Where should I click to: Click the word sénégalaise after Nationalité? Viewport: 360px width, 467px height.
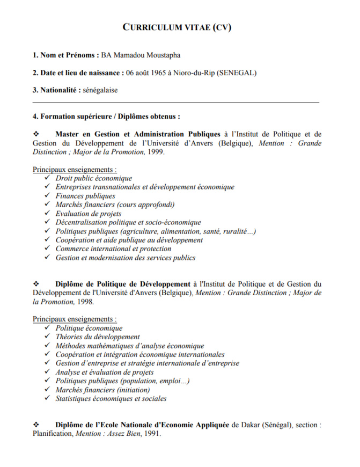tap(100, 90)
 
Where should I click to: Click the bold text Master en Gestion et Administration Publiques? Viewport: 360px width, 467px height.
tap(138, 134)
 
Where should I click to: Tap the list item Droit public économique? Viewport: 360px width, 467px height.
tap(94, 178)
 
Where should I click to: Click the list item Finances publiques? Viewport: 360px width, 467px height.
tap(85, 196)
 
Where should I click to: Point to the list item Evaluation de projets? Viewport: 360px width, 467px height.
tap(89, 214)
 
